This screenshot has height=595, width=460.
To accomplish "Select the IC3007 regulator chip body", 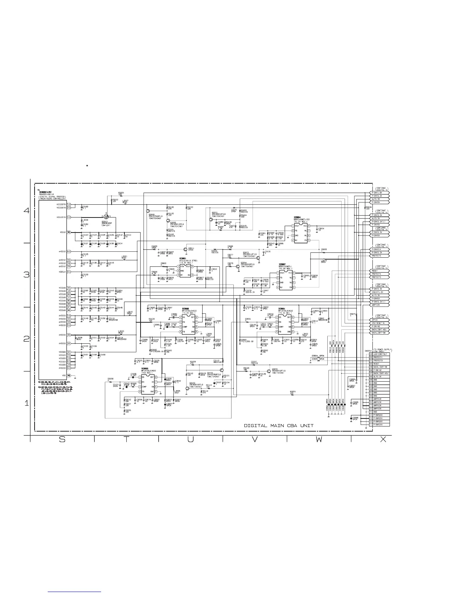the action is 286,280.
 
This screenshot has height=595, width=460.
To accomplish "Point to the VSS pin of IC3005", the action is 69,375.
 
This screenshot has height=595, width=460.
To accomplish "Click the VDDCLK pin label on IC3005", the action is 69,272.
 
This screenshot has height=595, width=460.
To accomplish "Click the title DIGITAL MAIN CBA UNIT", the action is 278,426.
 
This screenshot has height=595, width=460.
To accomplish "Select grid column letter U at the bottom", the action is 191,440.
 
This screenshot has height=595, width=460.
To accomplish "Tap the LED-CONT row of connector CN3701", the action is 380,354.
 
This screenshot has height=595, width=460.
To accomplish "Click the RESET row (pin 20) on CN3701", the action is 380,364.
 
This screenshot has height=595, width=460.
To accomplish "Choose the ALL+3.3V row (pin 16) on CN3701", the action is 380,377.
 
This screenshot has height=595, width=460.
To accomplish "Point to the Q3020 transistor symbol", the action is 269,371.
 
